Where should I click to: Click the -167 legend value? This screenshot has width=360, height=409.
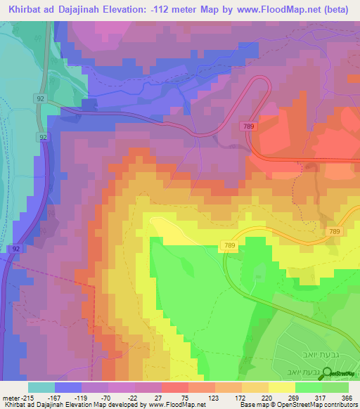(56, 398)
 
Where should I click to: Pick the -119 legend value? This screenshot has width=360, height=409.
(82, 398)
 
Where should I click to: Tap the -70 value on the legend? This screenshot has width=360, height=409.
(109, 398)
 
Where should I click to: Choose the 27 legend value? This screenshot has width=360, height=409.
(162, 398)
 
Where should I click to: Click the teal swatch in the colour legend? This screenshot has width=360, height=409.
(41, 387)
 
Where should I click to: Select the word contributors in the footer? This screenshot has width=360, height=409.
(341, 405)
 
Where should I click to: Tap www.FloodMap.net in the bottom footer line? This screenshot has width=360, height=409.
(181, 405)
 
